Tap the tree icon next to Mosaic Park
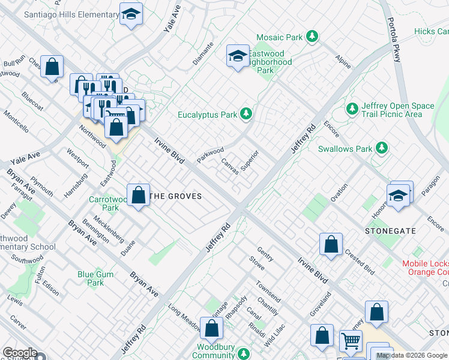(x=312, y=37)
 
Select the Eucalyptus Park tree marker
(x=246, y=113)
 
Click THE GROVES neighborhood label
(x=175, y=196)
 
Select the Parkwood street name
(x=210, y=155)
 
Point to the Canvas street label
(x=230, y=166)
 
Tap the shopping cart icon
(x=351, y=341)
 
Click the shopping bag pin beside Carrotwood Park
(x=139, y=194)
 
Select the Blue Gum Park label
(x=91, y=278)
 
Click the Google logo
(x=19, y=353)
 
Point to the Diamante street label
(x=203, y=56)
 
